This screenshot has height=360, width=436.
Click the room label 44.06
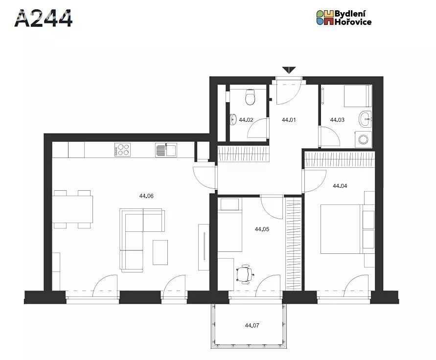(x=146, y=196)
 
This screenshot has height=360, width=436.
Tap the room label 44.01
(x=289, y=120)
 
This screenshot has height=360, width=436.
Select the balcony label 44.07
(x=252, y=325)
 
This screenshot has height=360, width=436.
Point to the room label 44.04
(x=340, y=186)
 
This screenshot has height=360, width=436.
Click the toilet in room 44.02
(x=250, y=97)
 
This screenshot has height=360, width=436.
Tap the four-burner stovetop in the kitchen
(x=122, y=150)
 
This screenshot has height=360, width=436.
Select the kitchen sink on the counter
(x=166, y=150)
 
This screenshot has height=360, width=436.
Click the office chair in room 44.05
(x=245, y=274)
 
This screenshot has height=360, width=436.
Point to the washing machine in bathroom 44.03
(x=363, y=139)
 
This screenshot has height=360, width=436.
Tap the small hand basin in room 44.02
(x=233, y=119)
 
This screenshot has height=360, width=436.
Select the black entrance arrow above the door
(x=289, y=70)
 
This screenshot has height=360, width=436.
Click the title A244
(x=44, y=19)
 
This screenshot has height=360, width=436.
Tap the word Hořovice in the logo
(x=353, y=22)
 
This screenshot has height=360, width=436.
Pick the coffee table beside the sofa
(x=160, y=252)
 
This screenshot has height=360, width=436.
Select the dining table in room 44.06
(x=72, y=209)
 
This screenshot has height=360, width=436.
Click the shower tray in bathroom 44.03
(x=358, y=96)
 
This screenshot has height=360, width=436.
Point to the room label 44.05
(x=262, y=229)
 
